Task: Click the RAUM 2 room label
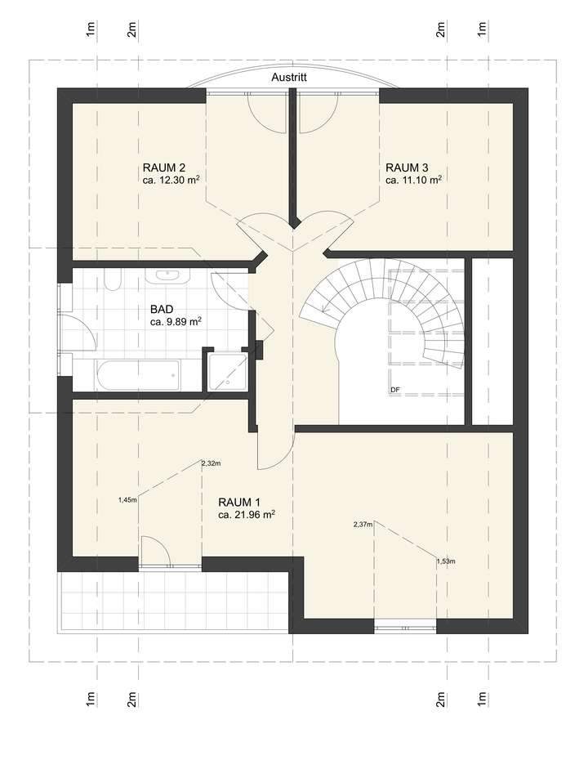(x=164, y=168)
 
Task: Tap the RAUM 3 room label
(x=407, y=168)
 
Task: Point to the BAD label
(x=162, y=310)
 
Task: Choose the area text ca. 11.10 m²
(x=413, y=181)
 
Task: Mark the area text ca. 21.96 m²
(x=246, y=515)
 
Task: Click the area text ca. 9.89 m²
(x=176, y=322)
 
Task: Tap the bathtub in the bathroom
(x=136, y=375)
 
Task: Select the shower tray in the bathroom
(x=228, y=370)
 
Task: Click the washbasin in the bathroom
(x=168, y=275)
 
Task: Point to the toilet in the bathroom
(x=113, y=280)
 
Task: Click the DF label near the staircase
(x=394, y=390)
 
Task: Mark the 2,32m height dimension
(x=212, y=463)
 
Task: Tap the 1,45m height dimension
(x=127, y=498)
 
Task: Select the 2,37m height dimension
(x=363, y=524)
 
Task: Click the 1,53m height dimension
(x=445, y=561)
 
